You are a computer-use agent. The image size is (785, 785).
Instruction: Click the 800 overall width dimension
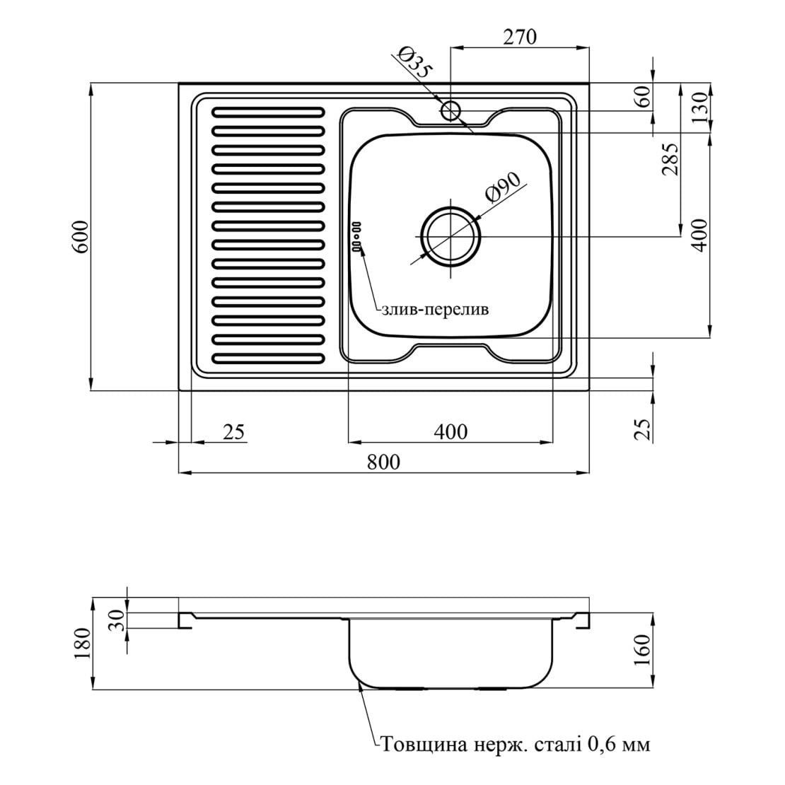[x=383, y=462]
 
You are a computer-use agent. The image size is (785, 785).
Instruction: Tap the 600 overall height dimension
[x=80, y=238]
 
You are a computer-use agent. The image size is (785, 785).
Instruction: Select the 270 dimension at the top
[x=519, y=37]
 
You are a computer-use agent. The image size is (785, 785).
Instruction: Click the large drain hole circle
[x=451, y=237]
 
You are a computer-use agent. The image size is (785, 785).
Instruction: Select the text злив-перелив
[x=434, y=310]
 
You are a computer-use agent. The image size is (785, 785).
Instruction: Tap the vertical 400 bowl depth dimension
[x=699, y=235]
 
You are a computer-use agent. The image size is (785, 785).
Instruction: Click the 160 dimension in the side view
[x=644, y=650]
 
